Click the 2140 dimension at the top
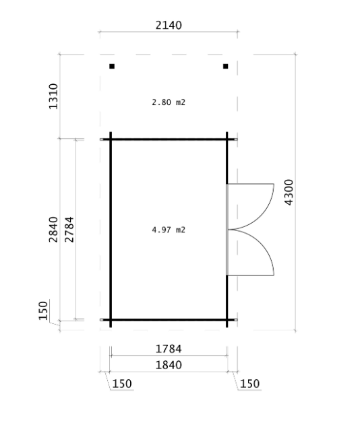pyautogui.click(x=169, y=25)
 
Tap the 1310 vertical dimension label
pyautogui.click(x=53, y=96)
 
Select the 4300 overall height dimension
pyautogui.click(x=289, y=192)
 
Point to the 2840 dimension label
pyautogui.click(x=53, y=229)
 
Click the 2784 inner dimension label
pyautogui.click(x=69, y=229)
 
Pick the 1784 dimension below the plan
pyautogui.click(x=169, y=349)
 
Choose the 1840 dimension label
pyautogui.click(x=169, y=365)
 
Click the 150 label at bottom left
pyautogui.click(x=122, y=384)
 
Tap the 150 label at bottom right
pyautogui.click(x=249, y=384)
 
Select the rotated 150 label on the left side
pyautogui.click(x=43, y=311)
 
